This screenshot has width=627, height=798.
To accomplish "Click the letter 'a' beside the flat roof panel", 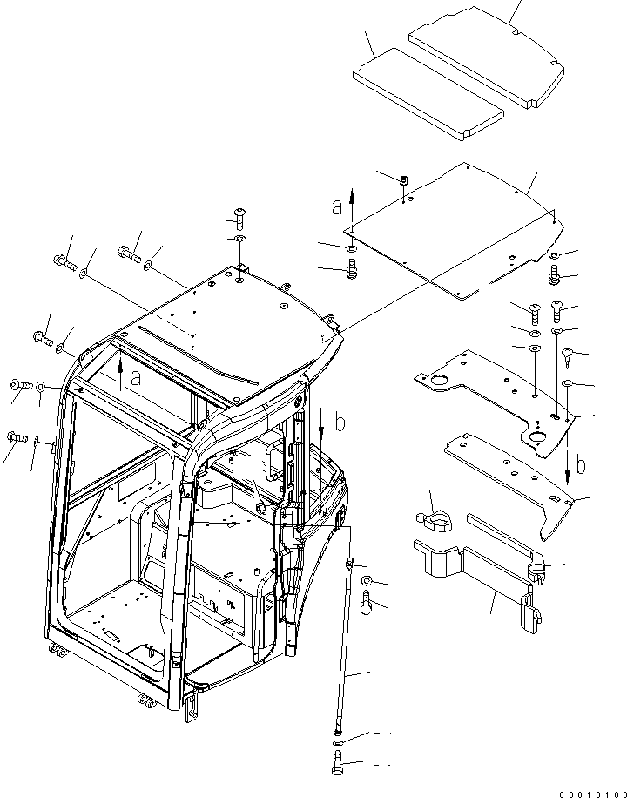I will tap(336, 207).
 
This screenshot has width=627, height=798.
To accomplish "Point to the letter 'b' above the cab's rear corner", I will tap(340, 423).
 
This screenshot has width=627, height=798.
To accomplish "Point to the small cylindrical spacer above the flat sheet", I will tap(405, 181).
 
